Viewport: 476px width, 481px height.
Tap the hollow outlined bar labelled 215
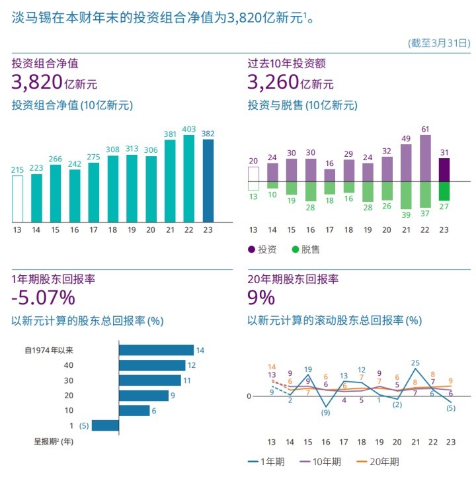click(17, 198)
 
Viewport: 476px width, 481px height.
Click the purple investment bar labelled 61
click(425, 157)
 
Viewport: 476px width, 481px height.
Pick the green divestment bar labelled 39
click(406, 195)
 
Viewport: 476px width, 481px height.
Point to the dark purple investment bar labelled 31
click(444, 169)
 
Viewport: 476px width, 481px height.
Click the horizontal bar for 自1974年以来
click(156, 350)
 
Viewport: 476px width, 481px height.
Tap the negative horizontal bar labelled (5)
click(105, 425)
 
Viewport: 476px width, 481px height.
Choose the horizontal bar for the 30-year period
click(149, 380)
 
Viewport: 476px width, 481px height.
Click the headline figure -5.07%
click(43, 298)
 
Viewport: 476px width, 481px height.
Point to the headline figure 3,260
click(272, 82)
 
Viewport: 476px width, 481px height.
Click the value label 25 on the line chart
click(415, 363)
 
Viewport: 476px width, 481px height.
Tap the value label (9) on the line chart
click(325, 413)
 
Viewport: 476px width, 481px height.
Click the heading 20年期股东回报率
click(293, 279)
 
